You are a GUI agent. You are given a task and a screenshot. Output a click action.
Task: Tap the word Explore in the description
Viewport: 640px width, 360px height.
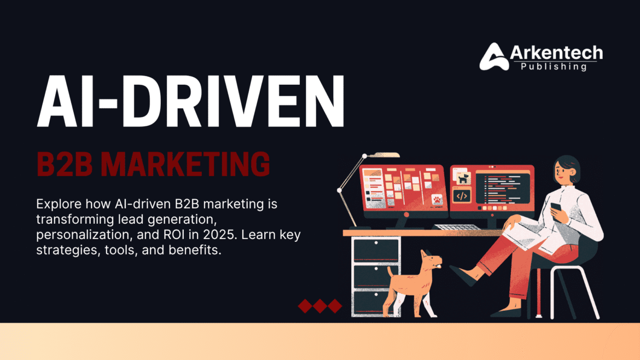pyautogui.click(x=57, y=204)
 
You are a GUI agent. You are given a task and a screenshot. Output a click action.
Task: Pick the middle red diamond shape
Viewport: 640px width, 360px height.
pyautogui.click(x=319, y=306)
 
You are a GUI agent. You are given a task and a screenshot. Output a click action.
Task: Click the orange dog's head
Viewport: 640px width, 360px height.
pyautogui.click(x=431, y=260)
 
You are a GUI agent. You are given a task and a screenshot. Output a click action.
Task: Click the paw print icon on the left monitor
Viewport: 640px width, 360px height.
pyautogui.click(x=437, y=200)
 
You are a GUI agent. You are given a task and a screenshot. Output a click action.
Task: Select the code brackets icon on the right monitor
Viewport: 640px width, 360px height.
pyautogui.click(x=462, y=195)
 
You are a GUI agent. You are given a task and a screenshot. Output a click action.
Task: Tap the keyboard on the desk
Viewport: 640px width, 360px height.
pyautogui.click(x=456, y=227)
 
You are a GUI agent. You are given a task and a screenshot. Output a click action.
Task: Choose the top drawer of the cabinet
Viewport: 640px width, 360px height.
pyautogui.click(x=371, y=249)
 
